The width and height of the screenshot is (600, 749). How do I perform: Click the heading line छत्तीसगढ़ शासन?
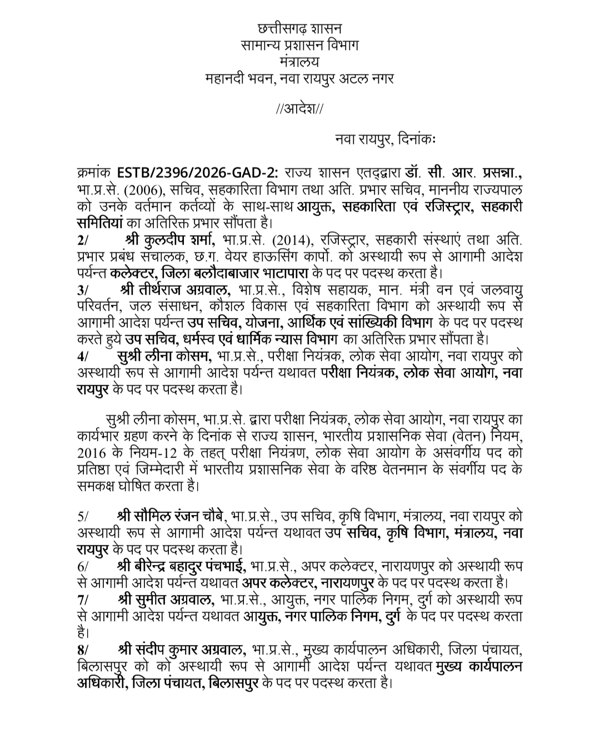coord(300,28)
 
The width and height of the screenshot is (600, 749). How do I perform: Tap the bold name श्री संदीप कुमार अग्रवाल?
coord(181,649)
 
